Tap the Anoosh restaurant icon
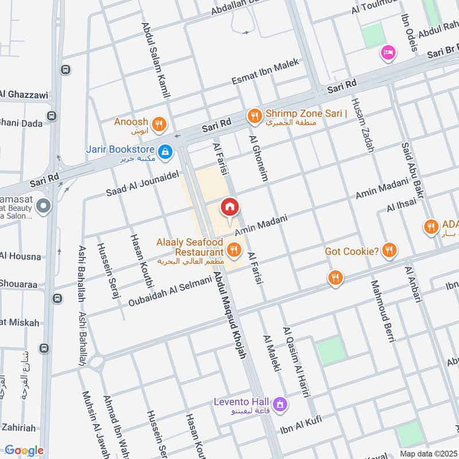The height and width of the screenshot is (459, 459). (x=160, y=123)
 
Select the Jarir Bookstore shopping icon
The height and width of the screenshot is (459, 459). (x=165, y=151)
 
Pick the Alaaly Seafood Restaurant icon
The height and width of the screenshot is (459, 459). (x=233, y=249)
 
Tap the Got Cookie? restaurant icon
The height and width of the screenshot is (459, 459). (x=390, y=250)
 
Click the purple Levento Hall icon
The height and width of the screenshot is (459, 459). (x=279, y=404)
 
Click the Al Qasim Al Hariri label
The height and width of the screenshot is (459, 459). (x=296, y=363)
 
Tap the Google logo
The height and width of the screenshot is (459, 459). (x=24, y=450)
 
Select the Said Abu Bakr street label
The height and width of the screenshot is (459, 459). (x=413, y=171)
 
